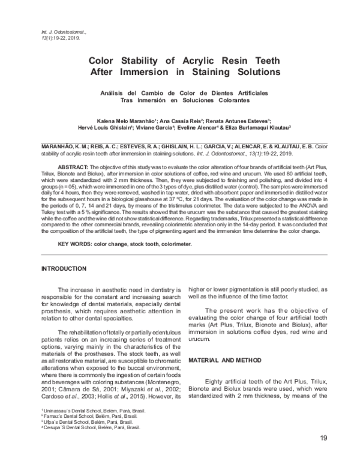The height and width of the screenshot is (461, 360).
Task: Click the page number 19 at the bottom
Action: [x=323, y=438]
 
